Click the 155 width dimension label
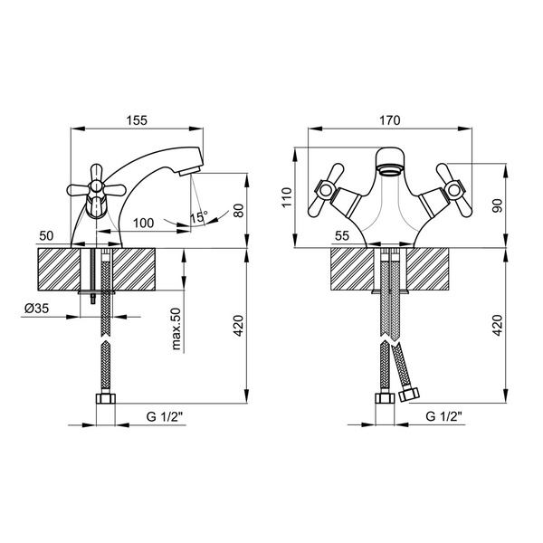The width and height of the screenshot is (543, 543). [137, 120]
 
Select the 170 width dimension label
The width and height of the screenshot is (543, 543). [389, 120]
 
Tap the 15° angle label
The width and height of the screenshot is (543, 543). [198, 217]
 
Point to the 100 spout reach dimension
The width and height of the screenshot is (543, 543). [143, 223]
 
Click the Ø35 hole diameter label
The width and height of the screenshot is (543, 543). [37, 308]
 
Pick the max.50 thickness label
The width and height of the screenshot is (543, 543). [176, 329]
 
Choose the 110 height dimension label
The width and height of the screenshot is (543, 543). [287, 197]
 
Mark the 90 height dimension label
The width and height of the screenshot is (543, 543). [497, 205]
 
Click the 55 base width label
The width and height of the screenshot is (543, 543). [342, 236]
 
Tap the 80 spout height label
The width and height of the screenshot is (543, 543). [238, 211]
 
